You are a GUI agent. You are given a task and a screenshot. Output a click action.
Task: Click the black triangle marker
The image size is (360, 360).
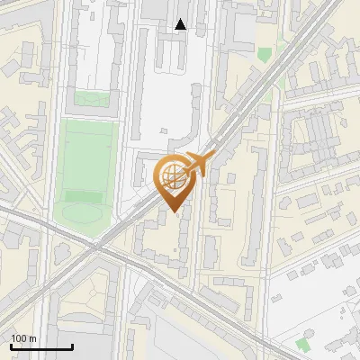click(181, 24)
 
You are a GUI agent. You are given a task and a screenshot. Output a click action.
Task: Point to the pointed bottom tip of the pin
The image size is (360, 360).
click(175, 211)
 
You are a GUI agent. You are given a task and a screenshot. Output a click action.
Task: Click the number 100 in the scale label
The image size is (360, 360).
click(19, 338)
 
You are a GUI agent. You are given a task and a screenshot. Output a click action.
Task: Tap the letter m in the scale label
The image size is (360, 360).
click(32, 338)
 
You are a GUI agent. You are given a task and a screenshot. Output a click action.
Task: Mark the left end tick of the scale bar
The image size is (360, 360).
click(11, 346)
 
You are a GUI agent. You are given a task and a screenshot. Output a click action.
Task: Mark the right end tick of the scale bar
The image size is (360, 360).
click(72, 346)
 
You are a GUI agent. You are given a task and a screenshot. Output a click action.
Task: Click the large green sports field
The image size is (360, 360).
click(88, 162)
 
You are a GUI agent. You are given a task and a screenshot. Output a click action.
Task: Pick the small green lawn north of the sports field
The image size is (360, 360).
click(90, 99)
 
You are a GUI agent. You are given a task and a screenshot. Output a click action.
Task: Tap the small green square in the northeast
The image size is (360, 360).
click(264, 55)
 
